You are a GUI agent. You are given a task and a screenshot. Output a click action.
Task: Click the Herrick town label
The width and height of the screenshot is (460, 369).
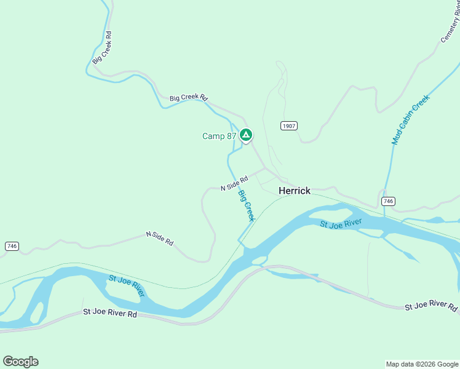click(295, 191)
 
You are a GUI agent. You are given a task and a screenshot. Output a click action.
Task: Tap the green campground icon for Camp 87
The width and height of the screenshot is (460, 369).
click(246, 135)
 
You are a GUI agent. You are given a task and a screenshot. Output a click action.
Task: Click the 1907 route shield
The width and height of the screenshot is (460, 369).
click(289, 125)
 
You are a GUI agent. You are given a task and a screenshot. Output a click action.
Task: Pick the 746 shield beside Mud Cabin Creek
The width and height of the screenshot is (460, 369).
click(387, 201)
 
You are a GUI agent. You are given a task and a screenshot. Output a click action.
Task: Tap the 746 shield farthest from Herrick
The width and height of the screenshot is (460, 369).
click(11, 246)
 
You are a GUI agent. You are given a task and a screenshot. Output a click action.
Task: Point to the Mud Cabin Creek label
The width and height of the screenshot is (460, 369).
click(410, 119)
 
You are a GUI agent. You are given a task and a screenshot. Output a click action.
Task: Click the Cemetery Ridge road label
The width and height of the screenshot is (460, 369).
click(451, 28)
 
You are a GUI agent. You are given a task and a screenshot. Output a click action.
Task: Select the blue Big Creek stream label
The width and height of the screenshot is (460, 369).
click(246, 206)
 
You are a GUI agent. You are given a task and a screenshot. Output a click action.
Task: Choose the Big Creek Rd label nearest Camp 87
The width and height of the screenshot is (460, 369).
click(189, 98)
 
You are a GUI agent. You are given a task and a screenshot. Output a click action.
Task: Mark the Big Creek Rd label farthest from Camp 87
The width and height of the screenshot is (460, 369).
click(102, 48)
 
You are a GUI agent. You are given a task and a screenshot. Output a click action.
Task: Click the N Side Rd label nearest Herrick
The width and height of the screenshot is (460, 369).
click(234, 183)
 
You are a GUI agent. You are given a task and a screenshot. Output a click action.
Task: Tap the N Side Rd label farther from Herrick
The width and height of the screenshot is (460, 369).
click(159, 238)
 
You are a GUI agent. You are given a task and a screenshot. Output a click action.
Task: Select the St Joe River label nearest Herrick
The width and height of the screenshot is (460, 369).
click(341, 223)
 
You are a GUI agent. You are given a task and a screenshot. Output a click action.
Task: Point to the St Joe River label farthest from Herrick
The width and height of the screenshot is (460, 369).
click(127, 286)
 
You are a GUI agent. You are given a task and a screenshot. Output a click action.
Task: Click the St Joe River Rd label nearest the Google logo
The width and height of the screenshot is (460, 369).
click(109, 313)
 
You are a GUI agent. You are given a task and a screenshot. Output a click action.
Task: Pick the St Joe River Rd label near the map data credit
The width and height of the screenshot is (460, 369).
click(431, 306)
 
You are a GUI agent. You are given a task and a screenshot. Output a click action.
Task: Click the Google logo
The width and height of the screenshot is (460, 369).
click(20, 362)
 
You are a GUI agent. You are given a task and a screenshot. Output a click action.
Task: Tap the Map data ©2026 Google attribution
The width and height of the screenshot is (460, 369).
click(422, 364)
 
